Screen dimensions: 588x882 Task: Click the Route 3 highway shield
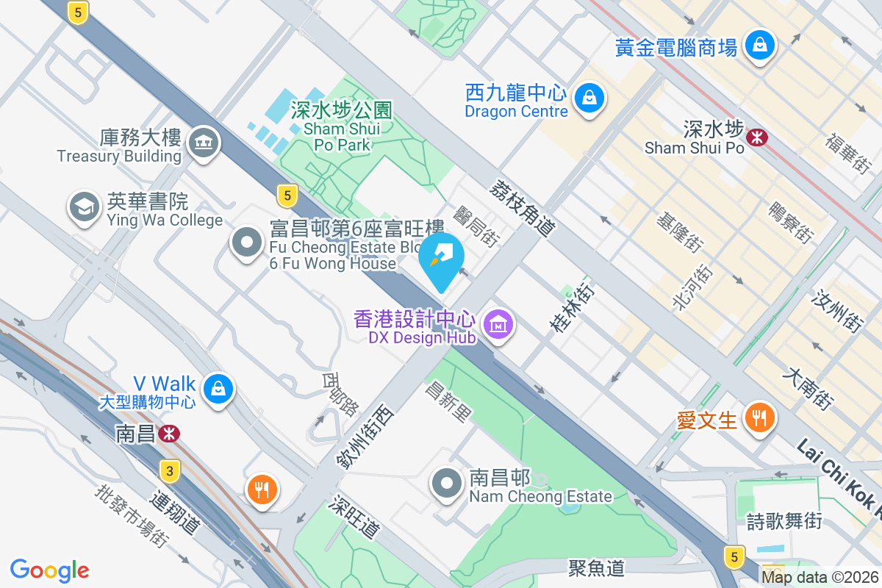pyautogui.click(x=170, y=471)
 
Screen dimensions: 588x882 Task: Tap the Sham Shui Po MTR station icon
pyautogui.click(x=756, y=137)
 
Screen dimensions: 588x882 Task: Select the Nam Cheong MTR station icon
pyautogui.click(x=169, y=434)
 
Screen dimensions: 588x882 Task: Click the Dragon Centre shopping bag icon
pyautogui.click(x=589, y=96)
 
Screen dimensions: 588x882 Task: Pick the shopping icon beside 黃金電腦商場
pyautogui.click(x=759, y=45)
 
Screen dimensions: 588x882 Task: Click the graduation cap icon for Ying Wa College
pyautogui.click(x=85, y=207)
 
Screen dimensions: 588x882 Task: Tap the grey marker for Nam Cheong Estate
pyautogui.click(x=447, y=483)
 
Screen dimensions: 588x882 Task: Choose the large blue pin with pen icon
pyautogui.click(x=442, y=258)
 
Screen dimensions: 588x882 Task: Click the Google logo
pyautogui.click(x=50, y=570)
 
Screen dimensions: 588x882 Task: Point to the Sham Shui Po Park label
pyautogui.click(x=342, y=127)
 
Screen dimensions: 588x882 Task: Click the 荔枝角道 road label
pyautogui.click(x=522, y=209)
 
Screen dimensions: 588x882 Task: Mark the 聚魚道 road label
pyautogui.click(x=596, y=567)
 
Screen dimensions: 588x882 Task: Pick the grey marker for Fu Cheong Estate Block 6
pyautogui.click(x=246, y=243)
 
